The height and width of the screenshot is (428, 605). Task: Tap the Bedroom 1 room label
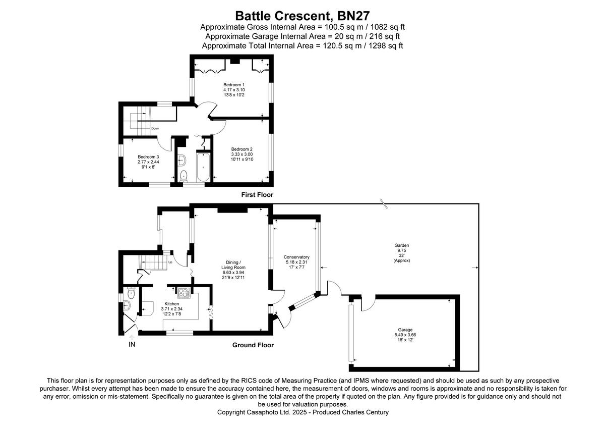click(234, 84)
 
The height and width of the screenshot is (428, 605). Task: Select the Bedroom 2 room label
click(242, 149)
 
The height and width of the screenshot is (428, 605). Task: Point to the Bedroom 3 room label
click(148, 156)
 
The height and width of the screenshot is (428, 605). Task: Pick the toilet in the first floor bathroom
click(184, 175)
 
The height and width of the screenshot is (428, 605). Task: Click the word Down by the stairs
click(155, 128)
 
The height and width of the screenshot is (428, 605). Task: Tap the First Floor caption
click(258, 194)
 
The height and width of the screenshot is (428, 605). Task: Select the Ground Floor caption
click(253, 345)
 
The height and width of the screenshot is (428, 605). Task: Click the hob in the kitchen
click(183, 292)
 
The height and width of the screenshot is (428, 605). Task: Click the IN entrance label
click(132, 345)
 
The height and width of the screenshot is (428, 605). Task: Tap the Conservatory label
click(296, 257)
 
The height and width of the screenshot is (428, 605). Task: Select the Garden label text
click(401, 245)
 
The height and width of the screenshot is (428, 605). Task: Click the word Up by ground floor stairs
click(170, 262)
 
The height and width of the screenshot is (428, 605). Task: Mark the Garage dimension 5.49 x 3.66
click(398, 335)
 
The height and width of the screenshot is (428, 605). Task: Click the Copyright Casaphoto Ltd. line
click(302, 412)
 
